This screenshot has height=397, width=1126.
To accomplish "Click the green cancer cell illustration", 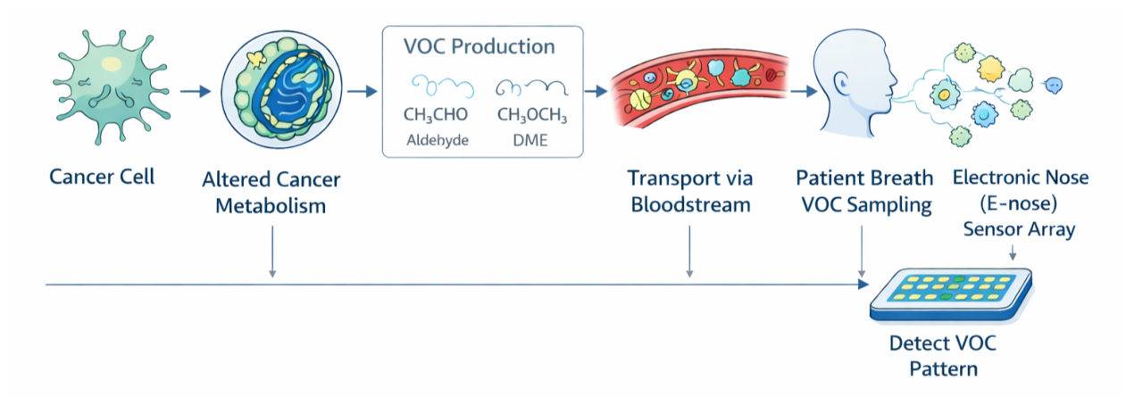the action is [x=112, y=88].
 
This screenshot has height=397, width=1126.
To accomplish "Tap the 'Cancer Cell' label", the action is [x=102, y=177].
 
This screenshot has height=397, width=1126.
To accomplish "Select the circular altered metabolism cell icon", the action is [x=281, y=89].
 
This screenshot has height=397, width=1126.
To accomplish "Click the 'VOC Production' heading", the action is [x=479, y=46].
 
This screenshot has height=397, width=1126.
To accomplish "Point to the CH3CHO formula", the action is [x=436, y=115].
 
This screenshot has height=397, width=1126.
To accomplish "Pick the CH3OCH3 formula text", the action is [x=532, y=115].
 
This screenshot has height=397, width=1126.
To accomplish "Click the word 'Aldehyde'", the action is [x=438, y=140].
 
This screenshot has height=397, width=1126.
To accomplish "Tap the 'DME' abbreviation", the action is [x=530, y=140].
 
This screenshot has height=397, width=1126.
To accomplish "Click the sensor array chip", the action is [x=951, y=295].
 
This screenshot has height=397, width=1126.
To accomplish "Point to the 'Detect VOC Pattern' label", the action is [x=943, y=356].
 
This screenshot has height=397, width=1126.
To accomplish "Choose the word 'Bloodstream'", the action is [x=690, y=205].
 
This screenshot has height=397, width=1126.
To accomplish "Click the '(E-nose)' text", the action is [x=1019, y=203].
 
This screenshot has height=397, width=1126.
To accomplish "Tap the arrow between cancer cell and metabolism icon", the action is [x=196, y=92].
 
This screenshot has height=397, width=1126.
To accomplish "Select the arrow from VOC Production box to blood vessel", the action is [x=596, y=92].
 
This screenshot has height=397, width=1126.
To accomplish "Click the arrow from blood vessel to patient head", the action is [x=804, y=92].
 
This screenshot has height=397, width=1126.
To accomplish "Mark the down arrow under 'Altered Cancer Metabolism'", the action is [x=272, y=252].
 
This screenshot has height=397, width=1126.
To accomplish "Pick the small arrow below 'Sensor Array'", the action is [x=1013, y=252].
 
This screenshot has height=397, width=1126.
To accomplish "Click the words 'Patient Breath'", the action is [x=864, y=178].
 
